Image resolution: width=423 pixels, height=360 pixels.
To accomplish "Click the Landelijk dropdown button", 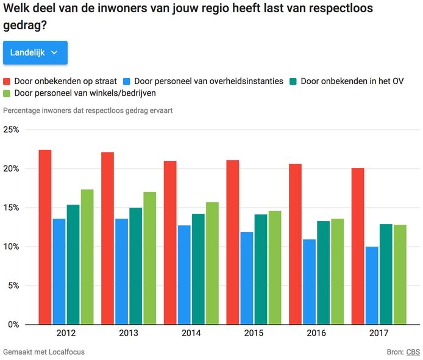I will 35,53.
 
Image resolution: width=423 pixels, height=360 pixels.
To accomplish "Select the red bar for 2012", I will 44,237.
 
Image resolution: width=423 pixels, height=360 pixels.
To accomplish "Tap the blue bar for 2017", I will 372,285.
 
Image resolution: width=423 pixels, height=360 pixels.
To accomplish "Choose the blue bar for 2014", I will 184,275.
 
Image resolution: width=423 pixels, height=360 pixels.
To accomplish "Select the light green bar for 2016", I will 337,271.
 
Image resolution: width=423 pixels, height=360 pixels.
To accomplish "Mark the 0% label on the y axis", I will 13,325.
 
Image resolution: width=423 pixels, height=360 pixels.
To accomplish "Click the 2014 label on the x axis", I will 191,333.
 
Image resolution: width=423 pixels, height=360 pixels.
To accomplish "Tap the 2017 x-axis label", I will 379,333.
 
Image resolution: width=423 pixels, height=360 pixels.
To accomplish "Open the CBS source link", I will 413,352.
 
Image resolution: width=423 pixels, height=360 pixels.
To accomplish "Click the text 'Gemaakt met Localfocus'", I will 44,352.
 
